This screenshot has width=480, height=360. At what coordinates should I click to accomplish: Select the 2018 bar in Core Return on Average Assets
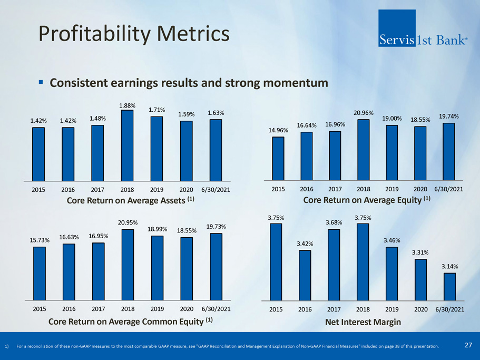pos(127,144)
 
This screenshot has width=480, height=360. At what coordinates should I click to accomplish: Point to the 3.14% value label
pos(450,266)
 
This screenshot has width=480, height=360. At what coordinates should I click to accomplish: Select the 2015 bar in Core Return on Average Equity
pos(278,158)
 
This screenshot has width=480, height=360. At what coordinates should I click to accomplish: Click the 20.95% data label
pos(127,222)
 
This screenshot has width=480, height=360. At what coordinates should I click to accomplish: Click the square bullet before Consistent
pos(41,83)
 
